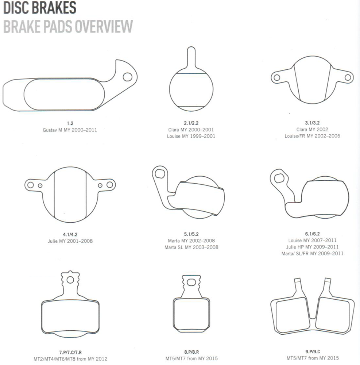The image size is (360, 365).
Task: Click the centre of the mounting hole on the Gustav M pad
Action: coord(127,77)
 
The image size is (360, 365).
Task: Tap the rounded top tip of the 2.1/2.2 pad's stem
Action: coord(191,47)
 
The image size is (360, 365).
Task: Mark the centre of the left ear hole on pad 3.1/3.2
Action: coord(277,77)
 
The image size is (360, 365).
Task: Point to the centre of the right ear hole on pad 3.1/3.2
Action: coord(348,77)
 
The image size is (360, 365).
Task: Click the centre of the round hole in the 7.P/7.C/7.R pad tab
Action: coord(70,280)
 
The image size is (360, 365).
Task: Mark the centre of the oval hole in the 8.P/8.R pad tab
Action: coord(191,283)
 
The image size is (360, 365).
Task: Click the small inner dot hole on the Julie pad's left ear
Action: coord(40,185)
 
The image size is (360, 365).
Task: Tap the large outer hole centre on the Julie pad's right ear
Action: coord(109,185)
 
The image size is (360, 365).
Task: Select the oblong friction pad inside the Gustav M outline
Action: coord(64,94)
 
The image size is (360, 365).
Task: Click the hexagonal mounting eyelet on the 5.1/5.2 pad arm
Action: coord(160,173)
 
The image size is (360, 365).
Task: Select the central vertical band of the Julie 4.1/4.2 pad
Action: coord(70,195)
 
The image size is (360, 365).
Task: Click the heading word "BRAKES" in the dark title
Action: coord(54,8)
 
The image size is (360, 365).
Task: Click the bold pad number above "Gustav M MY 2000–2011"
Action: coord(70,123)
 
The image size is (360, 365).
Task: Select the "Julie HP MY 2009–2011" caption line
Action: coord(312,247)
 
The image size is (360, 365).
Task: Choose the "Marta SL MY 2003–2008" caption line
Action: coord(191,247)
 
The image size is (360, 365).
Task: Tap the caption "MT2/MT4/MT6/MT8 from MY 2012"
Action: coord(70,359)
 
